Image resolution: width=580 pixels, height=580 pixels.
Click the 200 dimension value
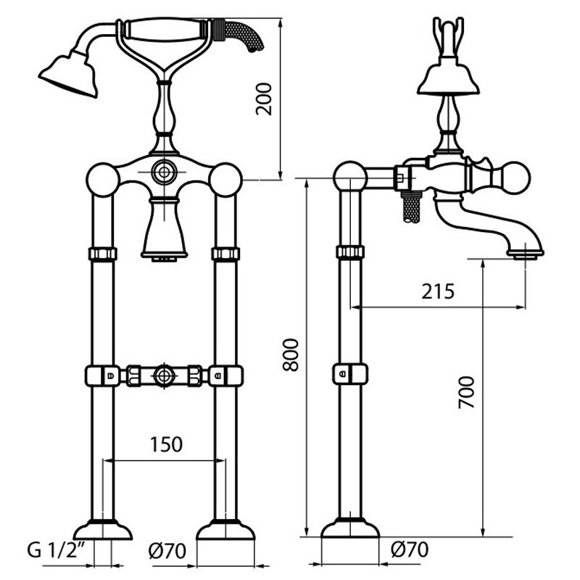264,99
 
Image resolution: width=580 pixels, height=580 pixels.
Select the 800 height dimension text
291,355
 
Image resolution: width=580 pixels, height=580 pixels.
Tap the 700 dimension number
466,392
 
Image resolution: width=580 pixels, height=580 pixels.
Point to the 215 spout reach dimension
438,291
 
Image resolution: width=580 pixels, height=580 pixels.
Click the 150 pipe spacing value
166,444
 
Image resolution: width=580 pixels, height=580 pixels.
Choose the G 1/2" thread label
57,550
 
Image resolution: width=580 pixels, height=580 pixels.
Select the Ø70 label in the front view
167,551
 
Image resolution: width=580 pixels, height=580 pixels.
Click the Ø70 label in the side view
410,550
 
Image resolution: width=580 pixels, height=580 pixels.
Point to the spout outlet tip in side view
525,254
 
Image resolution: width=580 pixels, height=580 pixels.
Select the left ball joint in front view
103,179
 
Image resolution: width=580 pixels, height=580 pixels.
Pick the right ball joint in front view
225,179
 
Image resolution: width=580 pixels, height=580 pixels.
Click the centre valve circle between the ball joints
164,172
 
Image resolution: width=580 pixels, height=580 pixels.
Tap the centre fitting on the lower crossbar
164,376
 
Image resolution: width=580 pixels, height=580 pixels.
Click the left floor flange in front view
103,529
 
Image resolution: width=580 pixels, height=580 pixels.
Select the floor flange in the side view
350,527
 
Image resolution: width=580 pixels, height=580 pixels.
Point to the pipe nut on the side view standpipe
350,252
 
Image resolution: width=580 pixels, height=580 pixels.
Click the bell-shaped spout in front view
165,228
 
